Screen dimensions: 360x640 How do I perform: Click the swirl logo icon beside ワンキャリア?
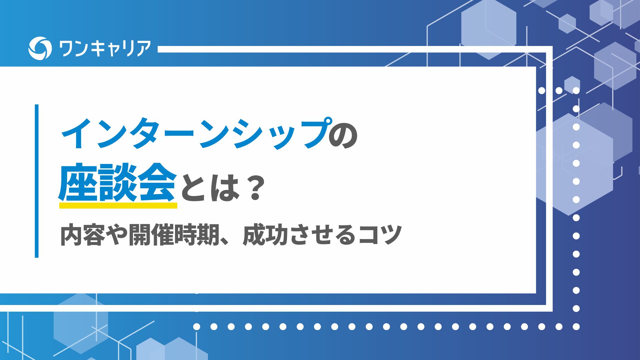[x=40, y=48]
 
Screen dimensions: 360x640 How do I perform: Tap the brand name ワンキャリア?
[x=105, y=49]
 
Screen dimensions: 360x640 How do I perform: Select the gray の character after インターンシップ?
[x=343, y=135]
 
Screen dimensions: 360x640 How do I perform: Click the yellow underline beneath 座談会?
[x=118, y=205]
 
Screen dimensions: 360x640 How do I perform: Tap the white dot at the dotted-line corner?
[x=576, y=327]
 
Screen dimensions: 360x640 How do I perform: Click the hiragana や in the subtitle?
[x=117, y=235]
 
